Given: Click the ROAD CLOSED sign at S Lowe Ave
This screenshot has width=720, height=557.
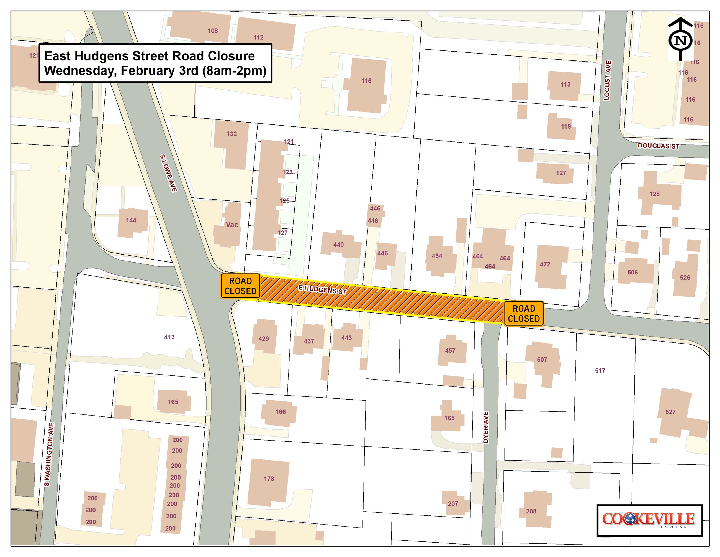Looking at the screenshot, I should pyautogui.click(x=240, y=286).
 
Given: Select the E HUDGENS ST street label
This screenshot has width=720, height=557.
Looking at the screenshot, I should pyautogui.click(x=322, y=290).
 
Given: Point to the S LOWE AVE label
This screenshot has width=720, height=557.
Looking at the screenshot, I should pyautogui.click(x=168, y=173).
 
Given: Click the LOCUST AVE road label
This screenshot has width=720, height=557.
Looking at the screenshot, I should pyautogui.click(x=607, y=80).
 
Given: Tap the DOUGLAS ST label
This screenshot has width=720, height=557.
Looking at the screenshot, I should pyautogui.click(x=658, y=146).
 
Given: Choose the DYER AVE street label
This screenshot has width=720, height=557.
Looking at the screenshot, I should pyautogui.click(x=486, y=427).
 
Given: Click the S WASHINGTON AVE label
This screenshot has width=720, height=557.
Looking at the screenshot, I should pyautogui.click(x=49, y=454).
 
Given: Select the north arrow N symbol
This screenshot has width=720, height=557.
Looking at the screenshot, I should pyautogui.click(x=680, y=40).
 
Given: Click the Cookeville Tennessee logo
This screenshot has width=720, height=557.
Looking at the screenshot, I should pyautogui.click(x=649, y=520).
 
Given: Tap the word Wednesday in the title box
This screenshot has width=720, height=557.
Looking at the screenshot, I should pyautogui.click(x=76, y=71).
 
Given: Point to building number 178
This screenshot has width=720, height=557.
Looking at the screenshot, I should pyautogui.click(x=269, y=479).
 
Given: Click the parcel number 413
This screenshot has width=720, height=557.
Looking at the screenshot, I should pyautogui.click(x=169, y=337).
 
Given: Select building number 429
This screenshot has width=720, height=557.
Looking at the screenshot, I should pyautogui.click(x=263, y=339).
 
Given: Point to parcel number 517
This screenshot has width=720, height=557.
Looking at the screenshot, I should pyautogui.click(x=600, y=371).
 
